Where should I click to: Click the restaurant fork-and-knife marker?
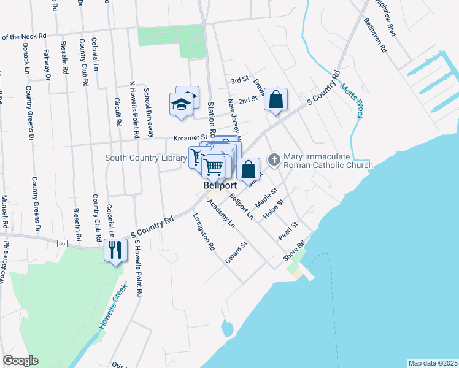point(115,250)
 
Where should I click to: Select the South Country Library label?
point(145,158)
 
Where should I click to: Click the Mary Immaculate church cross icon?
point(274,159)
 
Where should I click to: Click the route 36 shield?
point(61,243)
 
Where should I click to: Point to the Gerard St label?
point(236,252)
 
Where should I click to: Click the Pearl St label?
point(287,231)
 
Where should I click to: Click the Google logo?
point(20,361)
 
